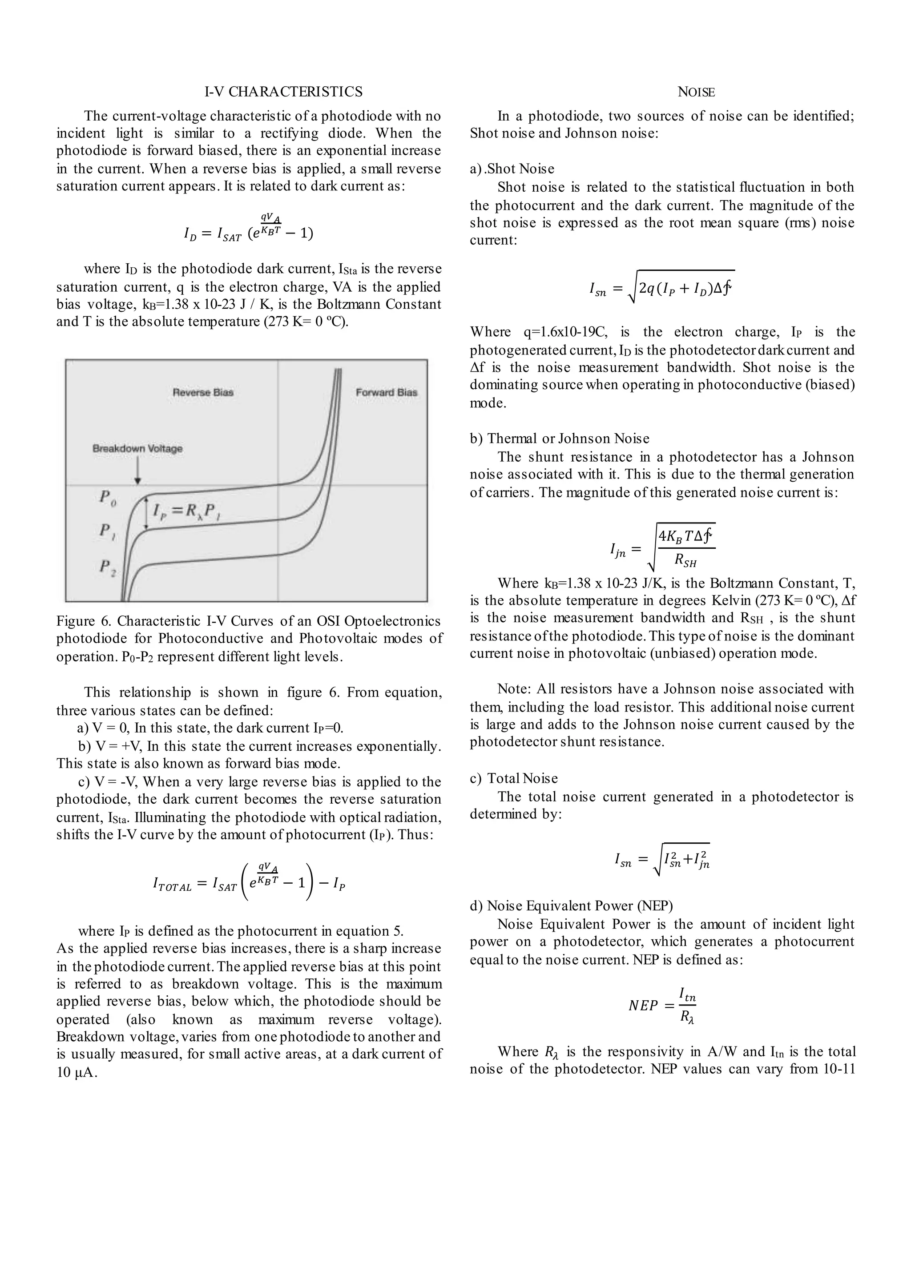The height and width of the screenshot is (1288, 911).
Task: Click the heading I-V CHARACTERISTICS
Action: point(283,92)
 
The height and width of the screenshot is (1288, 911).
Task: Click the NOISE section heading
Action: point(696,92)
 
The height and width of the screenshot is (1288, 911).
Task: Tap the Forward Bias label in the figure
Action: point(386,392)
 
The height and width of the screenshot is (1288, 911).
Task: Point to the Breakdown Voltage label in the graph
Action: point(137,449)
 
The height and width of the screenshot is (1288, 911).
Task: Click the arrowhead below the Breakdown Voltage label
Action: point(137,481)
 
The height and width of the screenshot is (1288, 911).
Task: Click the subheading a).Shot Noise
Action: point(512,169)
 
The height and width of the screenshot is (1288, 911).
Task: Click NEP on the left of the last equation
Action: point(643,1006)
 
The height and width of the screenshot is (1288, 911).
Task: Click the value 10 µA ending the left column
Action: point(77,1073)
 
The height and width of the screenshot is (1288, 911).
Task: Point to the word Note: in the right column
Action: point(514,689)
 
